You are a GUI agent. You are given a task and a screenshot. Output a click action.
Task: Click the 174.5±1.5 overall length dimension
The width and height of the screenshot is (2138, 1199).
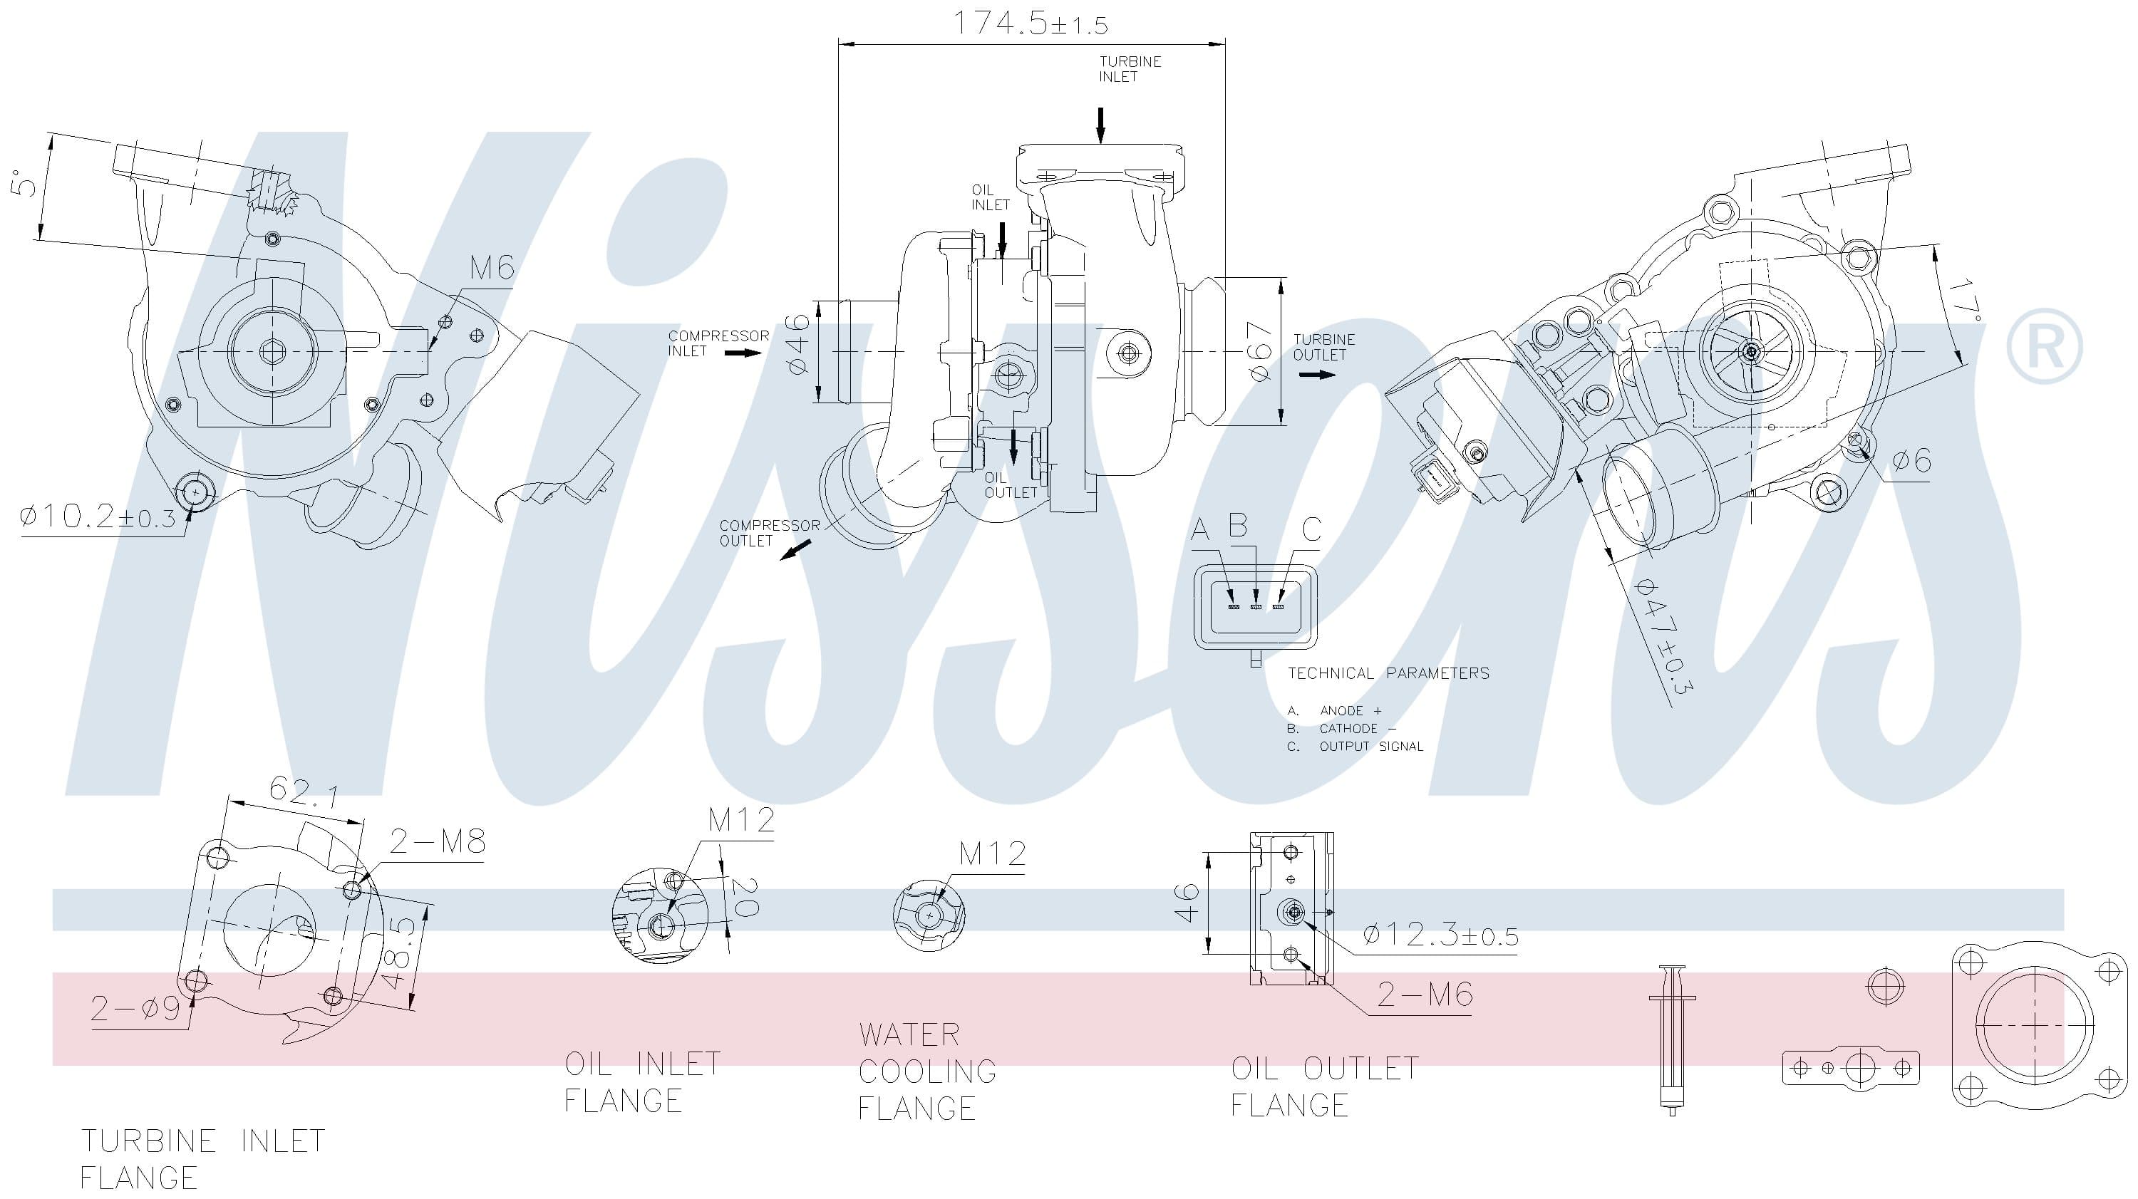(x=1029, y=24)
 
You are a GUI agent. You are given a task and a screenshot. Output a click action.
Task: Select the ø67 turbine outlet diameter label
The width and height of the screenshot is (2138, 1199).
(x=1260, y=353)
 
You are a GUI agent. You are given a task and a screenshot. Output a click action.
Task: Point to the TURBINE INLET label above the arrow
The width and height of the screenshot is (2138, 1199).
(x=1130, y=69)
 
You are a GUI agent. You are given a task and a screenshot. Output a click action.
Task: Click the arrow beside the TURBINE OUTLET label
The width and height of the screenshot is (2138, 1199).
(x=1317, y=375)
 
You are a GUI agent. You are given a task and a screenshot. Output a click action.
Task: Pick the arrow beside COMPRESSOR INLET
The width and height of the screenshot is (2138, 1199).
(x=742, y=353)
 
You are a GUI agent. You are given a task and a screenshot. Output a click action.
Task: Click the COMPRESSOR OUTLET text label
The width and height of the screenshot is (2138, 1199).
(x=768, y=533)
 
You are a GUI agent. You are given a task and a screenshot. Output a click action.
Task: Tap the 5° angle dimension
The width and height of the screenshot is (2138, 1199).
(x=25, y=182)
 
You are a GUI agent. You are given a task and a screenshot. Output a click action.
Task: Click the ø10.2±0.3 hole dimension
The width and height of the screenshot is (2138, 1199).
(x=97, y=518)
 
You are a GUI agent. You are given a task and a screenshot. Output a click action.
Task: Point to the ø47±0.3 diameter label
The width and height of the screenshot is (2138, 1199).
(x=1663, y=635)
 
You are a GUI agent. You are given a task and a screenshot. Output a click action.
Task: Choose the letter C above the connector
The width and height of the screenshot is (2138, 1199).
(x=1311, y=529)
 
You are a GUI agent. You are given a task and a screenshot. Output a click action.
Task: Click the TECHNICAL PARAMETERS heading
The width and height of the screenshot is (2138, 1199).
(x=1388, y=673)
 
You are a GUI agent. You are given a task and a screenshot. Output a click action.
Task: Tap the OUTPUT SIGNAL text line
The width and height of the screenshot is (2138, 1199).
(x=1370, y=747)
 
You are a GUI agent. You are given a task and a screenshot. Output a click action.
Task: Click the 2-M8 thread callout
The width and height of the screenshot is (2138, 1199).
(x=438, y=841)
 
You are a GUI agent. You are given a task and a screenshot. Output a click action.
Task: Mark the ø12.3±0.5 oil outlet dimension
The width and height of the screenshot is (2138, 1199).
(x=1440, y=935)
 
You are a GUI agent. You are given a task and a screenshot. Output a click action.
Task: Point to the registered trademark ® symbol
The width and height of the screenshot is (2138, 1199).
(x=2044, y=346)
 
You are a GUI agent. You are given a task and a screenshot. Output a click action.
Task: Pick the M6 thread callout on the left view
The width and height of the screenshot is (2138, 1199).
(x=491, y=268)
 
